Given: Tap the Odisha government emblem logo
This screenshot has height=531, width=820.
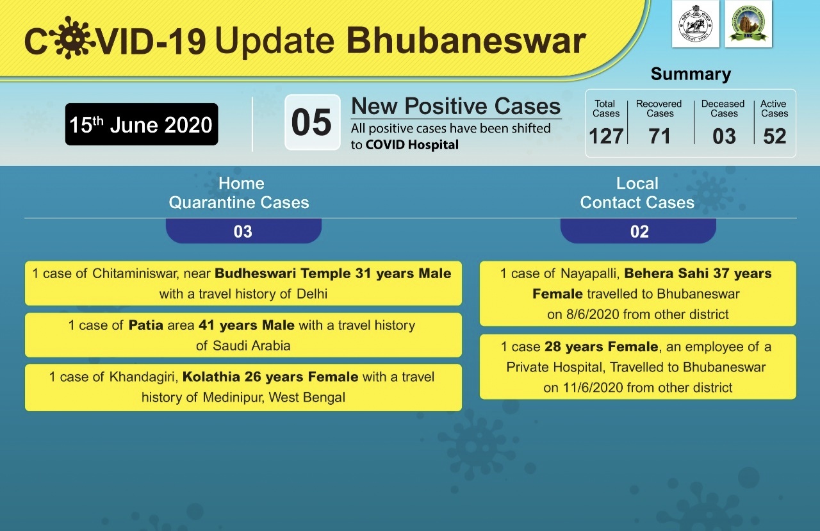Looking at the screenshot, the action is click(695, 24).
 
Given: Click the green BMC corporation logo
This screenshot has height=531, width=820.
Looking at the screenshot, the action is click(748, 24).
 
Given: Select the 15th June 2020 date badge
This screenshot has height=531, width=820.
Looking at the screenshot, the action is click(142, 124).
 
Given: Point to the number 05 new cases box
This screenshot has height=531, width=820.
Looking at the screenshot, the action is click(312, 122).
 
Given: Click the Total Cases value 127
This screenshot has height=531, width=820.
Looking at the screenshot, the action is click(606, 136).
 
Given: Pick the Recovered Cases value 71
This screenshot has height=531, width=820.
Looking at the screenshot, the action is click(659, 136).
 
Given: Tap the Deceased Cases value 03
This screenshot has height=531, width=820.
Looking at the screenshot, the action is click(724, 136).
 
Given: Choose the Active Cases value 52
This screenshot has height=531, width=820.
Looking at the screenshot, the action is click(775, 136).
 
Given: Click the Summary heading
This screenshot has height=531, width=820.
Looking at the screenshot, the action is click(691, 74).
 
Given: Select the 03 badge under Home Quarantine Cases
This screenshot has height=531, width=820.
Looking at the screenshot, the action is click(243, 231).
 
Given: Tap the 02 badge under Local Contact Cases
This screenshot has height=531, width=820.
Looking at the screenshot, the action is click(638, 231).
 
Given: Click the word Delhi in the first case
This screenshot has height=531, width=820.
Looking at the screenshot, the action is click(312, 294).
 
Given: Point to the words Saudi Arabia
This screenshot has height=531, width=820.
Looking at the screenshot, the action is click(252, 345).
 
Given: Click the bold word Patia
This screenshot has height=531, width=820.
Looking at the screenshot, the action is click(145, 325).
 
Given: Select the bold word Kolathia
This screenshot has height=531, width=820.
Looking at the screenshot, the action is click(211, 377).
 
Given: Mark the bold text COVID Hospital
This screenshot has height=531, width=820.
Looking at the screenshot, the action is click(412, 145).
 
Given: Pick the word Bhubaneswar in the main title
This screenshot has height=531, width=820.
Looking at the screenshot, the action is click(466, 40).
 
